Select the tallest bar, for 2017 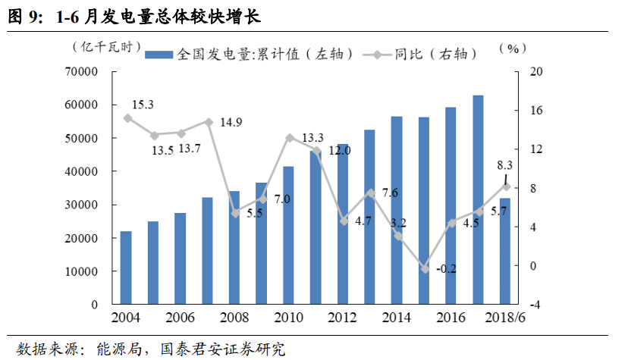[x=478, y=200]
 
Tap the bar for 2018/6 [x=505, y=251]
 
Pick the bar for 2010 [x=288, y=235]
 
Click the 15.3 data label [x=143, y=105]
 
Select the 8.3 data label [x=504, y=164]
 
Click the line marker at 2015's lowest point [x=425, y=269]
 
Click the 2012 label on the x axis [x=342, y=318]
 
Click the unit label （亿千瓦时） [x=111, y=47]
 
